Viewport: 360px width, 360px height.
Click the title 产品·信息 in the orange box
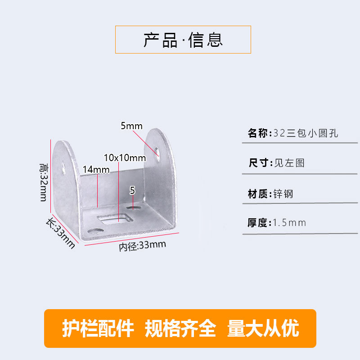183,40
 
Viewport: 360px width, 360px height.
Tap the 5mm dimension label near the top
131,126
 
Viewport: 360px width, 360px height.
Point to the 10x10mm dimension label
125,157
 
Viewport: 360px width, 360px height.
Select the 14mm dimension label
96,169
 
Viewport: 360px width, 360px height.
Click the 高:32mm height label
43,182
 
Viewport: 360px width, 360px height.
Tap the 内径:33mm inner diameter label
142,246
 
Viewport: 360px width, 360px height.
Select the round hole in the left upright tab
63,167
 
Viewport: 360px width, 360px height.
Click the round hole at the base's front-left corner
94,231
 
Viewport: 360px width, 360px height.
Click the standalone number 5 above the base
132,190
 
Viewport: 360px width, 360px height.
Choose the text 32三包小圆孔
306,133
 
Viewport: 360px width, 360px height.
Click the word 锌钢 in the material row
283,194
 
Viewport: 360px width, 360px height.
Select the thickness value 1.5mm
289,222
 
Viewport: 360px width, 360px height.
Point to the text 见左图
289,162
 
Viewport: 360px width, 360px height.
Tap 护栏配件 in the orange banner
98,329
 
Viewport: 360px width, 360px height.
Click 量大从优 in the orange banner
263,329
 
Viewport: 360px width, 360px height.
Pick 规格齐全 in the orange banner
180,329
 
